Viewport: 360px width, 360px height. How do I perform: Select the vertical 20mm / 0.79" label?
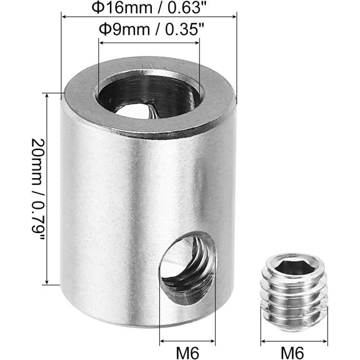tap(37, 189)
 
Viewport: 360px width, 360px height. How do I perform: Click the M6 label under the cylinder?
tap(187, 353)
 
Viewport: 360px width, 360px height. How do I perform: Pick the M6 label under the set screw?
tap(292, 353)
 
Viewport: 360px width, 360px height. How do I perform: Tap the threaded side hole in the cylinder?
tap(187, 268)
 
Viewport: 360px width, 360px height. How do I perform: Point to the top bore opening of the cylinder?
tap(149, 97)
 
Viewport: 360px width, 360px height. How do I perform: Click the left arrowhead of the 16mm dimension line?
tap(64, 16)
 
